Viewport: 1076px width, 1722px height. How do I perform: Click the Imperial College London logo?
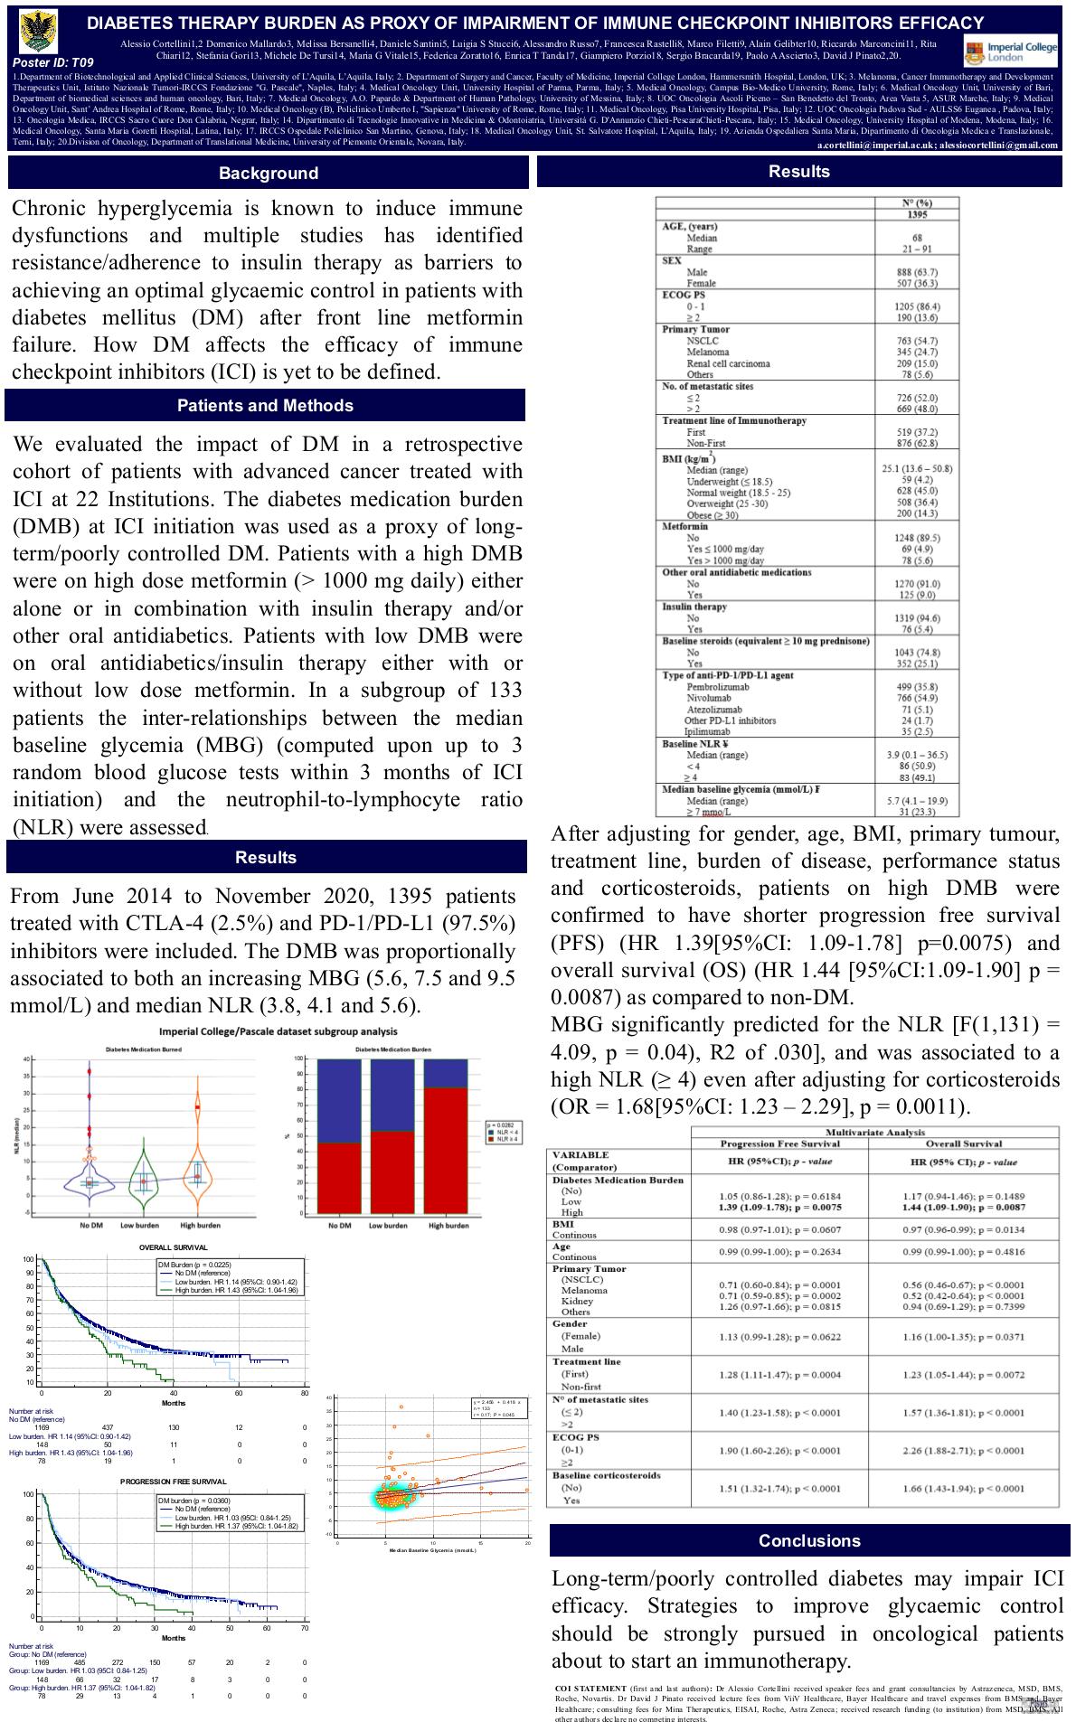point(1010,52)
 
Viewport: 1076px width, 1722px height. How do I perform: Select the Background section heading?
point(269,173)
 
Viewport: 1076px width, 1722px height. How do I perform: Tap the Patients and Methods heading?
point(265,406)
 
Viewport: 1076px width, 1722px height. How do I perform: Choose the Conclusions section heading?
point(809,1541)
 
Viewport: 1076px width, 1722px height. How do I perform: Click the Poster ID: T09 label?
point(53,62)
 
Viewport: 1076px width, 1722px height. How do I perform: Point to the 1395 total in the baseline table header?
point(917,214)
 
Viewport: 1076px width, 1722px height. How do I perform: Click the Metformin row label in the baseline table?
point(685,526)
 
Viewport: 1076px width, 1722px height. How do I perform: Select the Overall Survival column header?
point(964,1143)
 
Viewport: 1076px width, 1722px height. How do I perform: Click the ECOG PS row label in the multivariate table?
point(576,1437)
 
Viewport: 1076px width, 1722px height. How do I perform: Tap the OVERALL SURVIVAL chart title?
point(173,1247)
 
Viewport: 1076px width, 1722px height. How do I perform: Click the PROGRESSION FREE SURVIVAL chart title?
point(174,1482)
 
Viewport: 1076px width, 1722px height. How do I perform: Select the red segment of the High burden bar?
point(446,1148)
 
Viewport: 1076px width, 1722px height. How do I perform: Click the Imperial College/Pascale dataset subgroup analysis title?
point(278,1031)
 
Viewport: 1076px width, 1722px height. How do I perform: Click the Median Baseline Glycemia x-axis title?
point(432,1550)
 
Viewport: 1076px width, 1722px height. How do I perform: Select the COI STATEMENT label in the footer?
point(590,1688)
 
